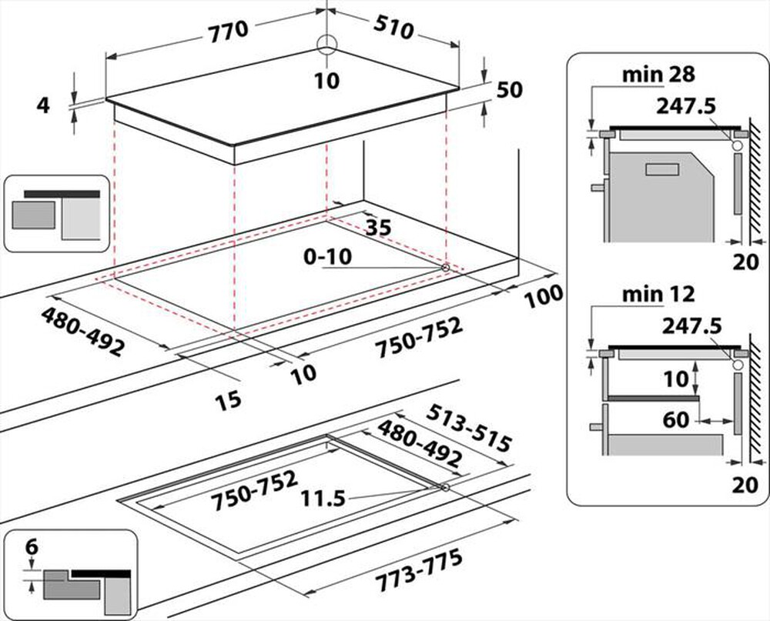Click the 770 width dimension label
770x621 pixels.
point(229,32)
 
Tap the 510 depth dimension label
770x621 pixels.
point(393,28)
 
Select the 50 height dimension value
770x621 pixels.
point(510,90)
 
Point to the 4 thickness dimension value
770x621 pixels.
point(44,105)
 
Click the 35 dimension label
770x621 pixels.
point(379,227)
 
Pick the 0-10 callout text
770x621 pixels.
point(327,257)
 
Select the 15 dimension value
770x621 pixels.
point(229,400)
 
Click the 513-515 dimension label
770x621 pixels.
point(469,428)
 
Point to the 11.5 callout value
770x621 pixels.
point(323,499)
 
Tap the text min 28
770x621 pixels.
point(658,75)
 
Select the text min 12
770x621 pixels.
point(658,295)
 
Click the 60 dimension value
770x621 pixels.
point(676,420)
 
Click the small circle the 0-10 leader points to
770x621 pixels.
point(445,268)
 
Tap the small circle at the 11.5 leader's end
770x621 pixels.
point(445,487)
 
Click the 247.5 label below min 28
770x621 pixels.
point(686,106)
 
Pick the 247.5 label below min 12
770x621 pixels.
point(692,326)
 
